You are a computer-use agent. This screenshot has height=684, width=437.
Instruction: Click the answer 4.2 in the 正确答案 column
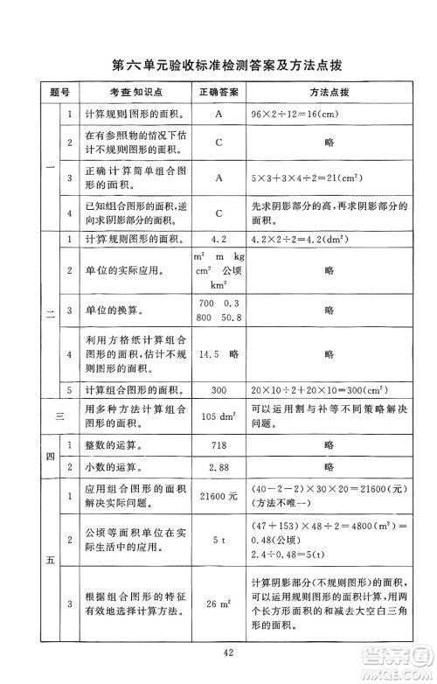(x=219, y=238)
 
